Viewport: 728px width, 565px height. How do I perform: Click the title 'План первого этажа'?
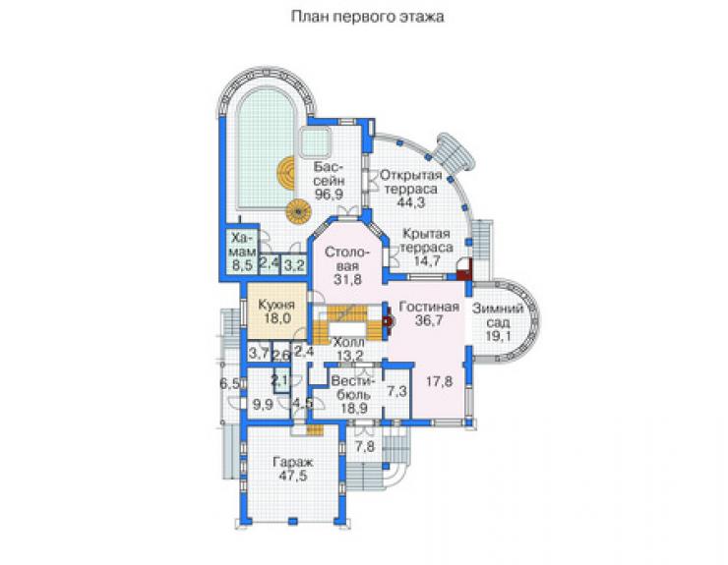coord(367,17)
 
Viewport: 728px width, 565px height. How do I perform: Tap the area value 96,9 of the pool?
coord(329,195)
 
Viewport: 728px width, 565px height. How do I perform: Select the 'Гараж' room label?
coord(293,463)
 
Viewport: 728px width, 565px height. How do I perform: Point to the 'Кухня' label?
coord(276,305)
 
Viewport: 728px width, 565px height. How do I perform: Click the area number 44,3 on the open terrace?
coord(411,202)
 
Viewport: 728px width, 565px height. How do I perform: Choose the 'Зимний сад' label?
coord(498,315)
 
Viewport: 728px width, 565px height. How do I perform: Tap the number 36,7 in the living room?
coord(429,320)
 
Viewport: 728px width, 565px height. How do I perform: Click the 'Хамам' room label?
coord(243,245)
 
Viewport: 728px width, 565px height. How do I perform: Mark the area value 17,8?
coord(439,382)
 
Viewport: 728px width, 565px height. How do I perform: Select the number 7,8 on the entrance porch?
coord(365,447)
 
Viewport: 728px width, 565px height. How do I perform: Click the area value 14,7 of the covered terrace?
coord(427,261)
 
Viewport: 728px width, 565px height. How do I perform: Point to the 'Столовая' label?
coord(347,259)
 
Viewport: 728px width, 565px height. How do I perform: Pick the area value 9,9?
coord(263,405)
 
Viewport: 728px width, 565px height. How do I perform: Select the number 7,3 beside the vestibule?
coord(397,391)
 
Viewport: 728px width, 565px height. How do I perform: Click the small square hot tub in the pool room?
coord(315,141)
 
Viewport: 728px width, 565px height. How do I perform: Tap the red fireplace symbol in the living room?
coord(387,320)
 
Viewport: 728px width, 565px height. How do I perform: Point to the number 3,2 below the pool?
coord(294,266)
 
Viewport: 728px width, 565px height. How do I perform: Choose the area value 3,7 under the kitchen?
coord(259,354)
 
